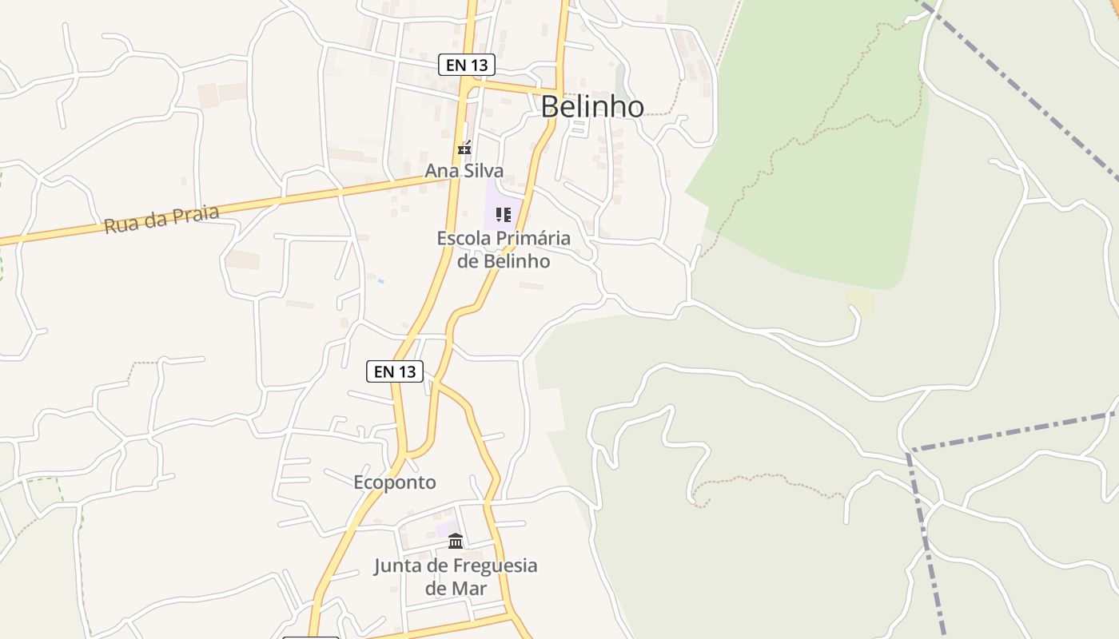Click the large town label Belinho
click(x=592, y=106)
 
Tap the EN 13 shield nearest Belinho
click(x=467, y=65)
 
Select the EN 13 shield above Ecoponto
click(x=395, y=371)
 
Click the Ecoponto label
click(x=395, y=482)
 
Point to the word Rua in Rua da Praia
click(x=119, y=226)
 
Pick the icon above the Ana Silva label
click(x=464, y=148)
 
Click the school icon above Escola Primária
click(x=503, y=214)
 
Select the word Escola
click(x=464, y=238)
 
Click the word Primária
click(x=533, y=238)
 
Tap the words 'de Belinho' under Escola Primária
click(x=504, y=261)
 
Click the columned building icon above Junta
click(x=456, y=542)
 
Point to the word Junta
click(x=398, y=566)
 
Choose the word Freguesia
click(x=495, y=566)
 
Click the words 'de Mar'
click(x=456, y=589)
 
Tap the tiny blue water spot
click(x=381, y=281)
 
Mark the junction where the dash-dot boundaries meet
click(x=909, y=450)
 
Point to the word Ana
click(x=440, y=171)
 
